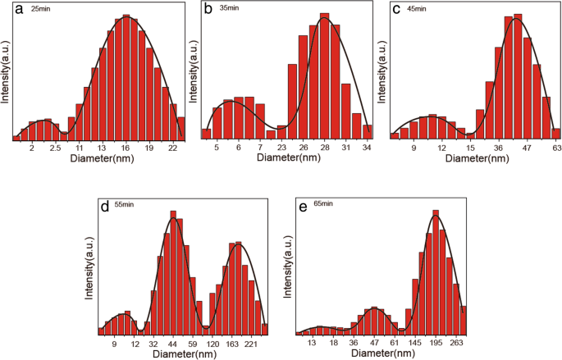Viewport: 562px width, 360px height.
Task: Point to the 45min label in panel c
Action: pos(417,9)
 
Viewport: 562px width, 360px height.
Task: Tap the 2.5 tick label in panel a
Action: pos(56,148)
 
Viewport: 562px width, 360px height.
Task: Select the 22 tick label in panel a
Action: pos(172,148)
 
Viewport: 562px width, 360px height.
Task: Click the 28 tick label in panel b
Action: pos(325,148)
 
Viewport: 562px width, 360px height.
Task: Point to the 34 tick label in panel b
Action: pos(367,148)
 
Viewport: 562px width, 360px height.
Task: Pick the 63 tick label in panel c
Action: pos(555,148)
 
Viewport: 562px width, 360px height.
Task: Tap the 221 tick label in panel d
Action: pos(252,345)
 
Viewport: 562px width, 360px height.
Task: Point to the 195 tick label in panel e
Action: pos(436,345)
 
